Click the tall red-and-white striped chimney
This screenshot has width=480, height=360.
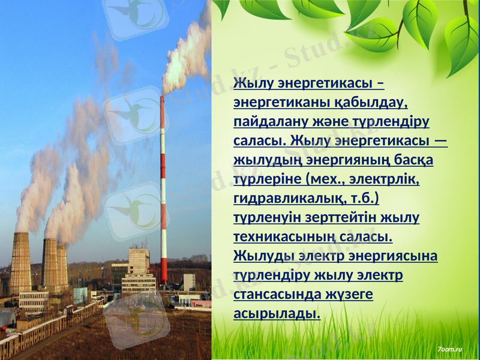pyautogui.click(x=163, y=192)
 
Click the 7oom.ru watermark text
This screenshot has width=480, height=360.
pyautogui.click(x=450, y=348)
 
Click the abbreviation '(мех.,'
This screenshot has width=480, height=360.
pyautogui.click(x=325, y=179)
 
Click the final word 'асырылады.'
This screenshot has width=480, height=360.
pyautogui.click(x=277, y=314)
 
